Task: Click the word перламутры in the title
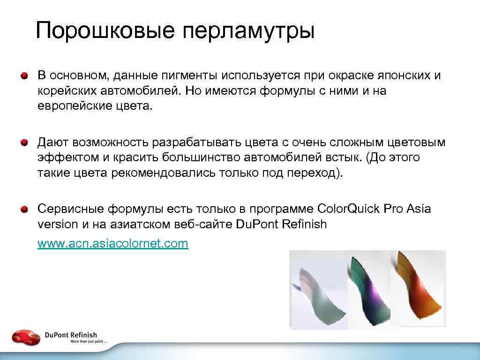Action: (x=248, y=31)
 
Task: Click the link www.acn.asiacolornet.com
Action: (x=112, y=243)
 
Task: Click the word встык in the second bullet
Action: (x=341, y=157)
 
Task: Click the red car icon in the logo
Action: (x=26, y=337)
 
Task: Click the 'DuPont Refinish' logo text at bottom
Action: (x=71, y=335)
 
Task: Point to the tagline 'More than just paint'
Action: (x=89, y=342)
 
